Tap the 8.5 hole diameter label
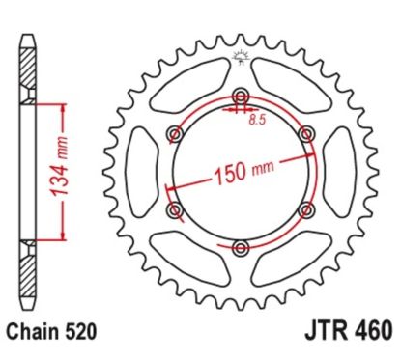[257, 120]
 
